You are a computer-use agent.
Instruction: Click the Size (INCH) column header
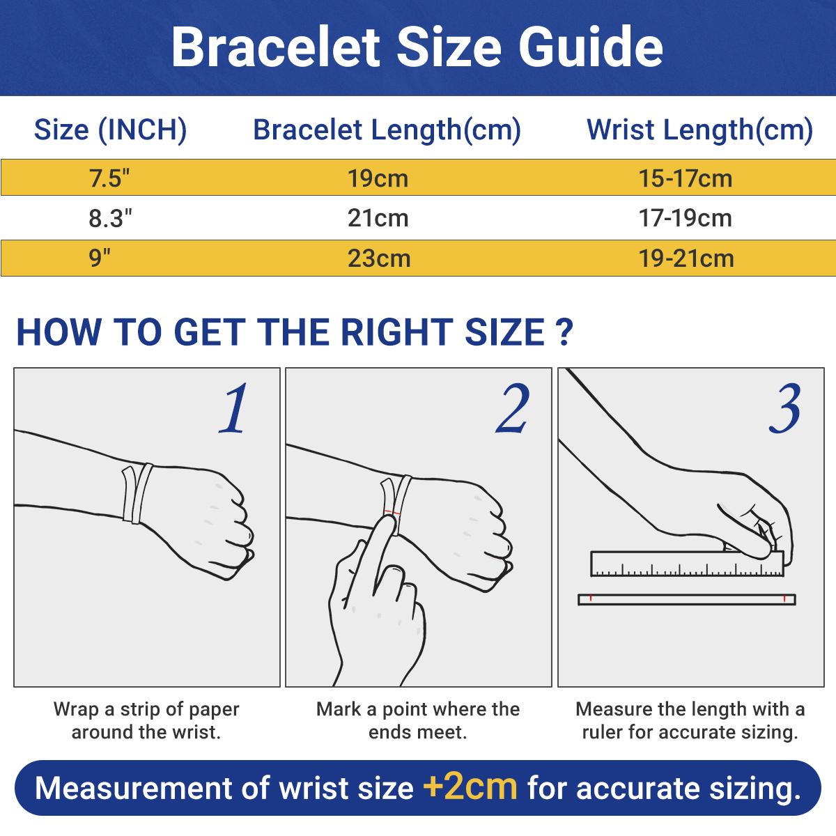point(111,130)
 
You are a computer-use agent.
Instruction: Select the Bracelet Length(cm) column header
point(387,130)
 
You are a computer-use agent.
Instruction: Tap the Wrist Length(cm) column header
point(699,130)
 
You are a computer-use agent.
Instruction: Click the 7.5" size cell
point(110,178)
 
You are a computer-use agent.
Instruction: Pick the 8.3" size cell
point(110,219)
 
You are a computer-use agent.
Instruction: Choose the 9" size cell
point(100,258)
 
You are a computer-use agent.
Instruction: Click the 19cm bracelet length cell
point(378,178)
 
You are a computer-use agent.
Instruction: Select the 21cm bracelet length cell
point(378,219)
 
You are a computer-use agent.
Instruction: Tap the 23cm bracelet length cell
point(378,258)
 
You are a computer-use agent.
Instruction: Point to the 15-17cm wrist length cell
point(686,178)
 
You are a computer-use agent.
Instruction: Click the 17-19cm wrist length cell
point(686,219)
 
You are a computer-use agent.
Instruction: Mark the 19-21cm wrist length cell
point(686,258)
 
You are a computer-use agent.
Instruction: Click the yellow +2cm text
point(470,787)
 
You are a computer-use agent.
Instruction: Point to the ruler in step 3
point(686,564)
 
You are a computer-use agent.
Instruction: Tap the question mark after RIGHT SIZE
point(565,332)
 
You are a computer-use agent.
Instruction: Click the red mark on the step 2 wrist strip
point(395,514)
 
